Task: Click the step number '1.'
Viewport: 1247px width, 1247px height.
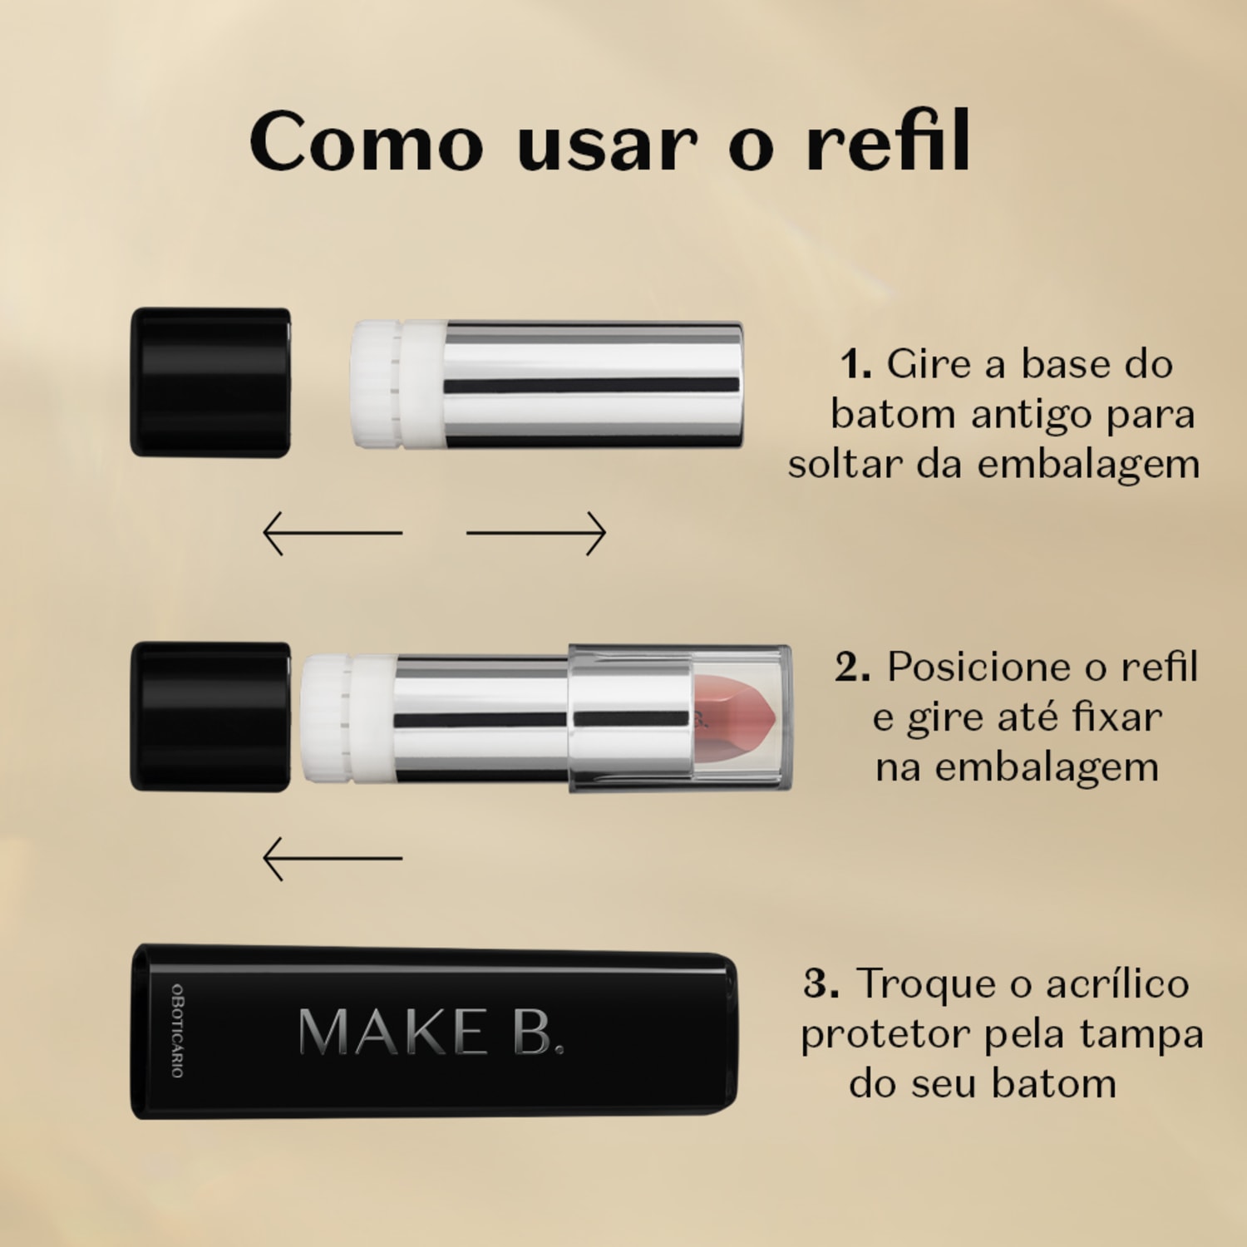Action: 855,364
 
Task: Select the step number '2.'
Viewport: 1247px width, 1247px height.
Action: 853,667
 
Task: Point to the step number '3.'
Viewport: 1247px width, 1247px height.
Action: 821,983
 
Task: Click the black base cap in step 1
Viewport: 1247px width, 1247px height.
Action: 210,382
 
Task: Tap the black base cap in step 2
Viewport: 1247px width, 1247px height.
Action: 210,717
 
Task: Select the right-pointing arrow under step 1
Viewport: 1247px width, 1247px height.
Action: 536,533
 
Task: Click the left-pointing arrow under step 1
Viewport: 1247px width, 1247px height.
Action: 332,533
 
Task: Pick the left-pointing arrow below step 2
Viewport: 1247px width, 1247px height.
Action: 332,858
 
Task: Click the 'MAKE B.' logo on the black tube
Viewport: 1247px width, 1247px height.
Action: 431,1033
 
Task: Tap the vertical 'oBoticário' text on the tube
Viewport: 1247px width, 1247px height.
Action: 177,1031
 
